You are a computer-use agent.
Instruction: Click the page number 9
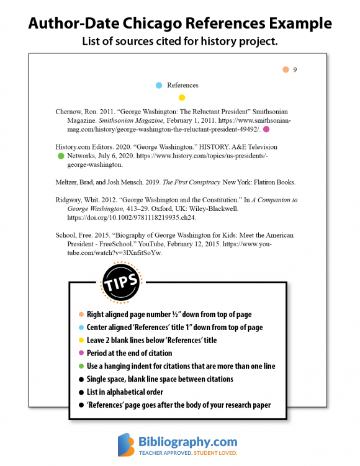coord(295,70)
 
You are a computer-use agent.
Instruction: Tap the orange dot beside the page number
coord(286,69)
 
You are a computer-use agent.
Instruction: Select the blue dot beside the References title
coord(160,85)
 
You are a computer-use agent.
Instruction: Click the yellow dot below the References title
coord(182,97)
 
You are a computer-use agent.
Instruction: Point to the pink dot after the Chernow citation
coord(266,129)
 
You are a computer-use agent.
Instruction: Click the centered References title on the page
coord(182,85)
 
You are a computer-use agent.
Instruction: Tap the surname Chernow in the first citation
coord(70,112)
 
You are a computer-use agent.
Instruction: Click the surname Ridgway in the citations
coord(70,200)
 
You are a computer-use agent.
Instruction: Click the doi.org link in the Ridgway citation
coord(132,218)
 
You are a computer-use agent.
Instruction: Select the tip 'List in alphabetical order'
coord(125,392)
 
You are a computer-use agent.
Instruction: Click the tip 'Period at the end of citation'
coord(130,353)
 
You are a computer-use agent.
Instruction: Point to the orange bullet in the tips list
coord(81,315)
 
